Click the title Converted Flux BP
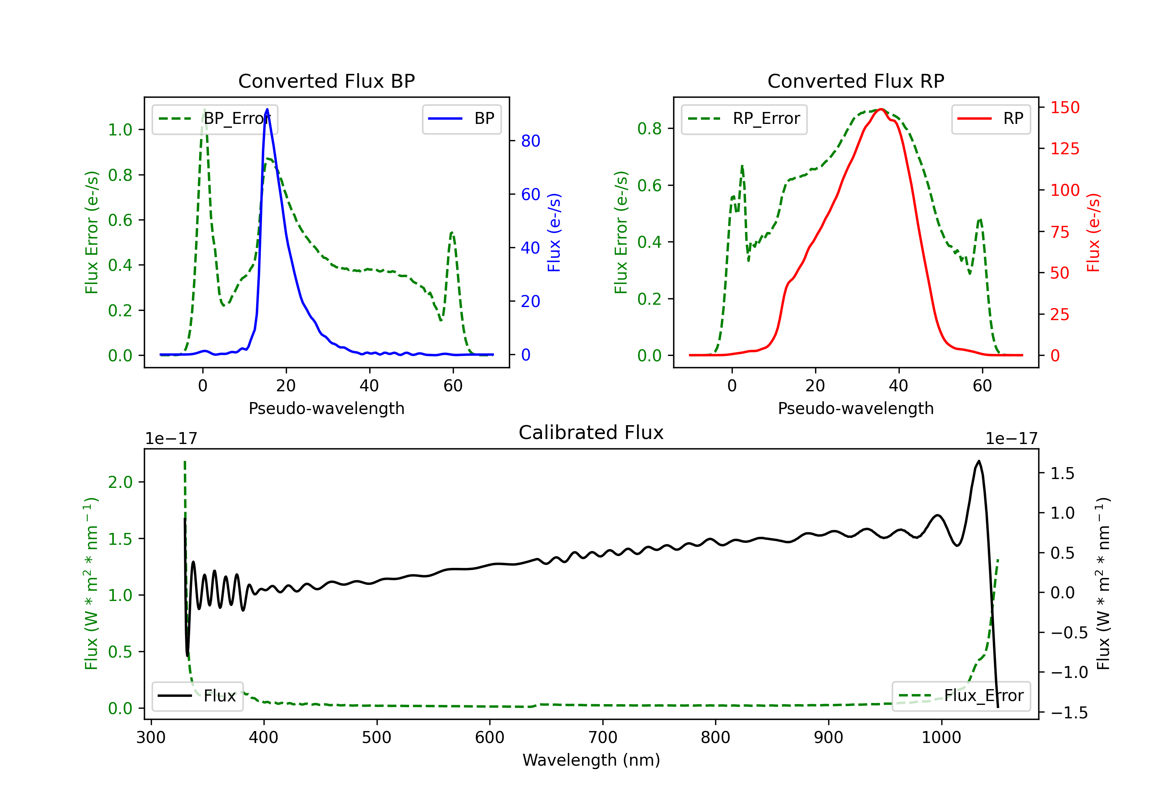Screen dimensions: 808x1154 pos(326,81)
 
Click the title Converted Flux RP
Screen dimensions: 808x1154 pos(855,81)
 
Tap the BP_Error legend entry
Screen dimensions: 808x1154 pos(215,119)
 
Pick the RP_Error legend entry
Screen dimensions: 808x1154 pos(744,119)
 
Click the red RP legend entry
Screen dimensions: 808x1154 pos(991,119)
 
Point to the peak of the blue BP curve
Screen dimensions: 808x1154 pos(267,109)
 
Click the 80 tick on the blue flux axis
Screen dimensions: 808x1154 pos(530,141)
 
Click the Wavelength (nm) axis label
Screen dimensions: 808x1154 pos(591,760)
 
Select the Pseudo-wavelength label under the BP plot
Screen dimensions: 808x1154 pos(326,408)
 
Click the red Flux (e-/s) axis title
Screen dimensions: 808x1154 pos(1093,233)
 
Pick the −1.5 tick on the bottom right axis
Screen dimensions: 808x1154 pos(1069,713)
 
